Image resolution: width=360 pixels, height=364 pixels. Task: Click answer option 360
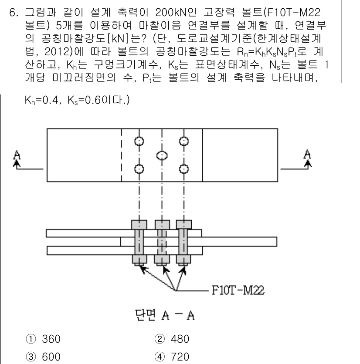tap(43, 336)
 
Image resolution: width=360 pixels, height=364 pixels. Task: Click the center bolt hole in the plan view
tap(162, 155)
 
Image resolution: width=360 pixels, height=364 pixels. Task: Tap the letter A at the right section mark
tap(308, 153)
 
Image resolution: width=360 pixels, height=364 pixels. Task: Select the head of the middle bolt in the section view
tap(162, 224)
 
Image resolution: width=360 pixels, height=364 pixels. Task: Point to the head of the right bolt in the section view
tap(184, 224)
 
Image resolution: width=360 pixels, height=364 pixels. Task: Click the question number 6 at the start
tap(14, 9)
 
